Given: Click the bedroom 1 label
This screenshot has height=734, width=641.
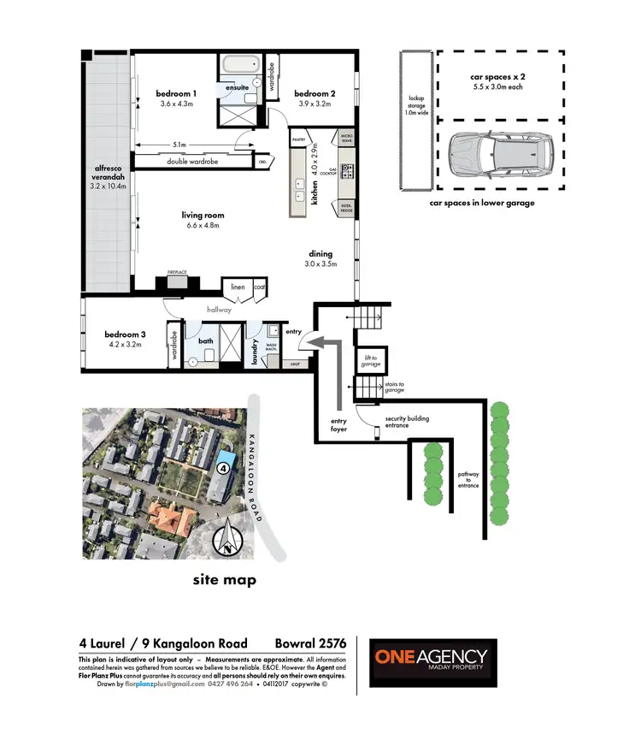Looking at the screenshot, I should point(177,93).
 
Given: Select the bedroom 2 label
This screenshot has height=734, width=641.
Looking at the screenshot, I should point(315,93).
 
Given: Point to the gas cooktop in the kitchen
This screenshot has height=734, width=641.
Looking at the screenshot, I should point(348,175).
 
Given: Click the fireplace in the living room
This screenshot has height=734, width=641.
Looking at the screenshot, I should point(177,284).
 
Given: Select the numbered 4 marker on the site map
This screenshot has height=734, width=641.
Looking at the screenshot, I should point(221,468).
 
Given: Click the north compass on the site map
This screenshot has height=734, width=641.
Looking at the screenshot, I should point(229,541).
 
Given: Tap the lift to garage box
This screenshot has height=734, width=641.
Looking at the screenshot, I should point(371,361).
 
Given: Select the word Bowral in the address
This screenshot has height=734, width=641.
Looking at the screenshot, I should point(297,643).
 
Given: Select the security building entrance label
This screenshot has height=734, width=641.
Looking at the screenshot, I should point(407,420).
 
